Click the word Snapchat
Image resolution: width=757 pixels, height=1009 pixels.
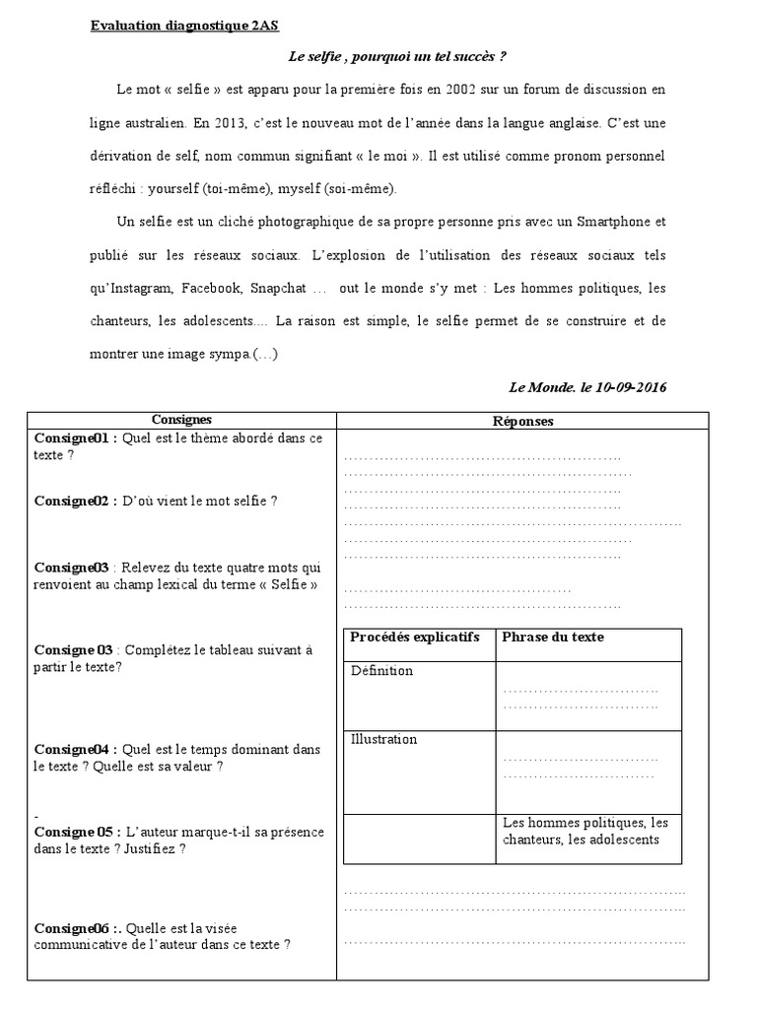(276, 289)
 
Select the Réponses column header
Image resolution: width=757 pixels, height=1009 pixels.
(522, 421)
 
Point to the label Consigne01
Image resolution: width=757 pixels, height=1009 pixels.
(73, 437)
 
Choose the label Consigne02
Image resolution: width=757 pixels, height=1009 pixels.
(73, 501)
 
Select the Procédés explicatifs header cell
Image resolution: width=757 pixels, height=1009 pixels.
(414, 638)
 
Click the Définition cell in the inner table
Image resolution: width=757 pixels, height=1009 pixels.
(381, 671)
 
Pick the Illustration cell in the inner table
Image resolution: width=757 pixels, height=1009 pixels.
(383, 739)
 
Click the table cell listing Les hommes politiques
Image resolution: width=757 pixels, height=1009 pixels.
(585, 831)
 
